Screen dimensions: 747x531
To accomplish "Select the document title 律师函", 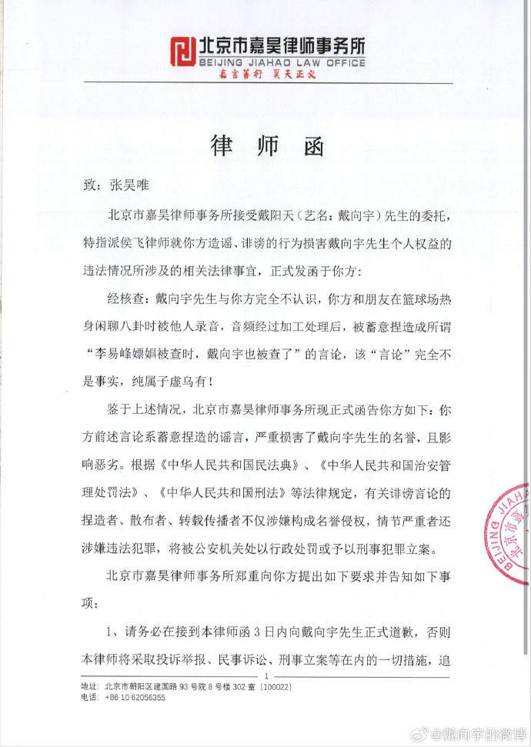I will pos(265,146).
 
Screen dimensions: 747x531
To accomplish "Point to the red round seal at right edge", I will pos(509,531).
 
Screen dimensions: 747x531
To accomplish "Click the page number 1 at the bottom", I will pos(264,675).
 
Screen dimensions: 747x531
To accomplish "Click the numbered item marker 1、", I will pos(113,632).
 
